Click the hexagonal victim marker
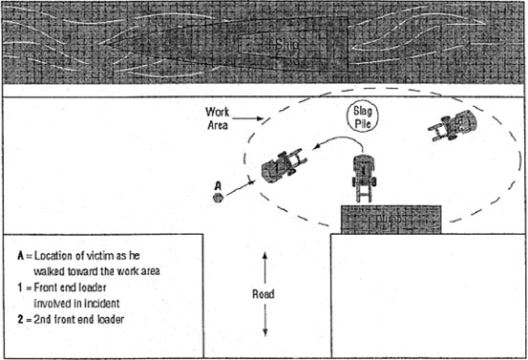[219, 198]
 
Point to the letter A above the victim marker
[218, 184]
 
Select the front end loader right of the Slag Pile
[454, 127]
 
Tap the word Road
[264, 294]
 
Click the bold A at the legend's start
[21, 256]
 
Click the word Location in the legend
[59, 256]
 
